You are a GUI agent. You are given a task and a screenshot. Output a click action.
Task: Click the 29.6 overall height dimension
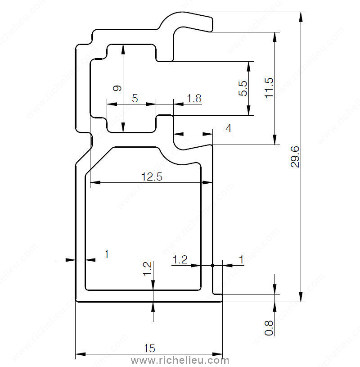(x=295, y=157)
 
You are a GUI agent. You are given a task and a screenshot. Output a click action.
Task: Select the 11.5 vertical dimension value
(x=269, y=88)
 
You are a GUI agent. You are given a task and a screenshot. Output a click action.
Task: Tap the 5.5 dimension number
(x=243, y=88)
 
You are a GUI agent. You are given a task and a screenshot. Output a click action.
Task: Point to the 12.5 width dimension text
(x=152, y=177)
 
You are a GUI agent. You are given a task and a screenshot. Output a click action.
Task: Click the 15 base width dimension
(x=149, y=348)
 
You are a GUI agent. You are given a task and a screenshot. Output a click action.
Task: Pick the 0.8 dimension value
(x=269, y=328)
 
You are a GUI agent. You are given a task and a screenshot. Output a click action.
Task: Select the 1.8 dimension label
(x=194, y=98)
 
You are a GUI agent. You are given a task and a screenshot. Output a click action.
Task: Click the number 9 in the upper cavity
(x=117, y=88)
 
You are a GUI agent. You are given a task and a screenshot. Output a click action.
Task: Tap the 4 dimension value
(x=229, y=128)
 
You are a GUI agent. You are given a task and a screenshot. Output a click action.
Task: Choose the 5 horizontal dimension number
(x=135, y=98)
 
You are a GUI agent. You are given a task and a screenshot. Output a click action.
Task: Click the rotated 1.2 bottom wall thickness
(x=147, y=269)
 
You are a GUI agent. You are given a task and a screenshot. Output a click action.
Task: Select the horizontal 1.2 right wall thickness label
(x=180, y=260)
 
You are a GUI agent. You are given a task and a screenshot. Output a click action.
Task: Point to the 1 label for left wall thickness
(x=107, y=254)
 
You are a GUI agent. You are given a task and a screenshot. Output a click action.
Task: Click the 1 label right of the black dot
(x=241, y=260)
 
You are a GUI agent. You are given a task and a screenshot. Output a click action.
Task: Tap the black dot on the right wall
(x=213, y=265)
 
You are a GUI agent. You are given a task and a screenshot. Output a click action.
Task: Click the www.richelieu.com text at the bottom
(x=180, y=360)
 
